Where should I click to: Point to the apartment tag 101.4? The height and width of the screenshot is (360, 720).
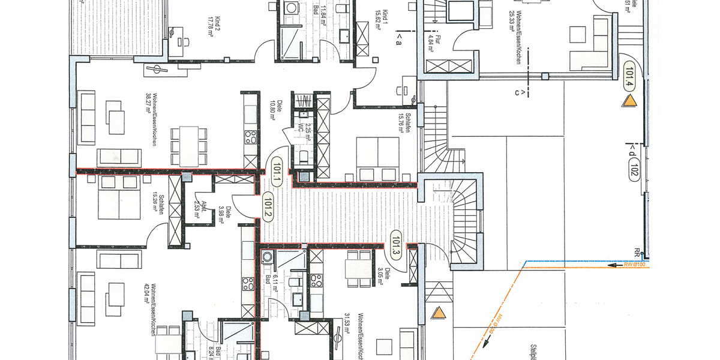click(629, 75)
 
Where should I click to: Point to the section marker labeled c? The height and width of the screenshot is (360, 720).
click(520, 92)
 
